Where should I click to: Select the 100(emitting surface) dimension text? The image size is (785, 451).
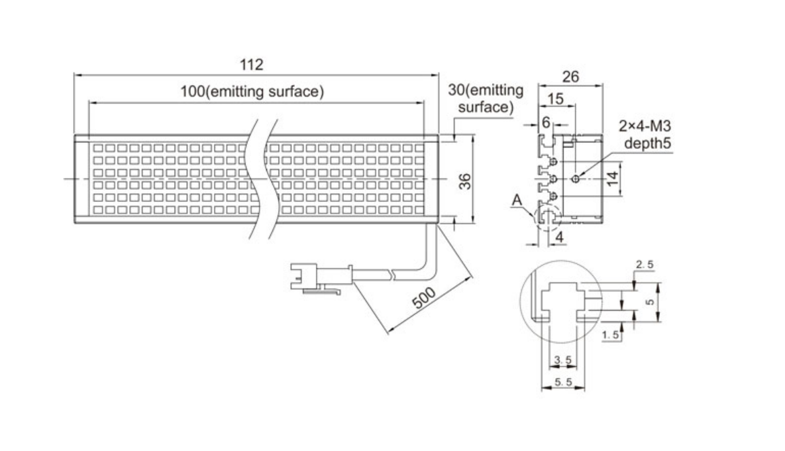[x=252, y=92]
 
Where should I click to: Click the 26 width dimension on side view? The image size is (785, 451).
[x=570, y=77]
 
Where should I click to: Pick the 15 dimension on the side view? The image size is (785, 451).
[x=555, y=99]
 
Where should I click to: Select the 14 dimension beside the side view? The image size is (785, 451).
[x=612, y=178]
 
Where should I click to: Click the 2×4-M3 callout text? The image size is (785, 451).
[x=644, y=127]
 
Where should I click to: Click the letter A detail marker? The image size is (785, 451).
[x=518, y=201]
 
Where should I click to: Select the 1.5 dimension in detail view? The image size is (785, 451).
[x=611, y=334]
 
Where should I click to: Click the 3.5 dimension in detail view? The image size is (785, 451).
[x=562, y=359]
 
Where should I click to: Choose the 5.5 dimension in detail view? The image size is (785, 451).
[x=562, y=383]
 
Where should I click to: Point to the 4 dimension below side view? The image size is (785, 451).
[x=559, y=237]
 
